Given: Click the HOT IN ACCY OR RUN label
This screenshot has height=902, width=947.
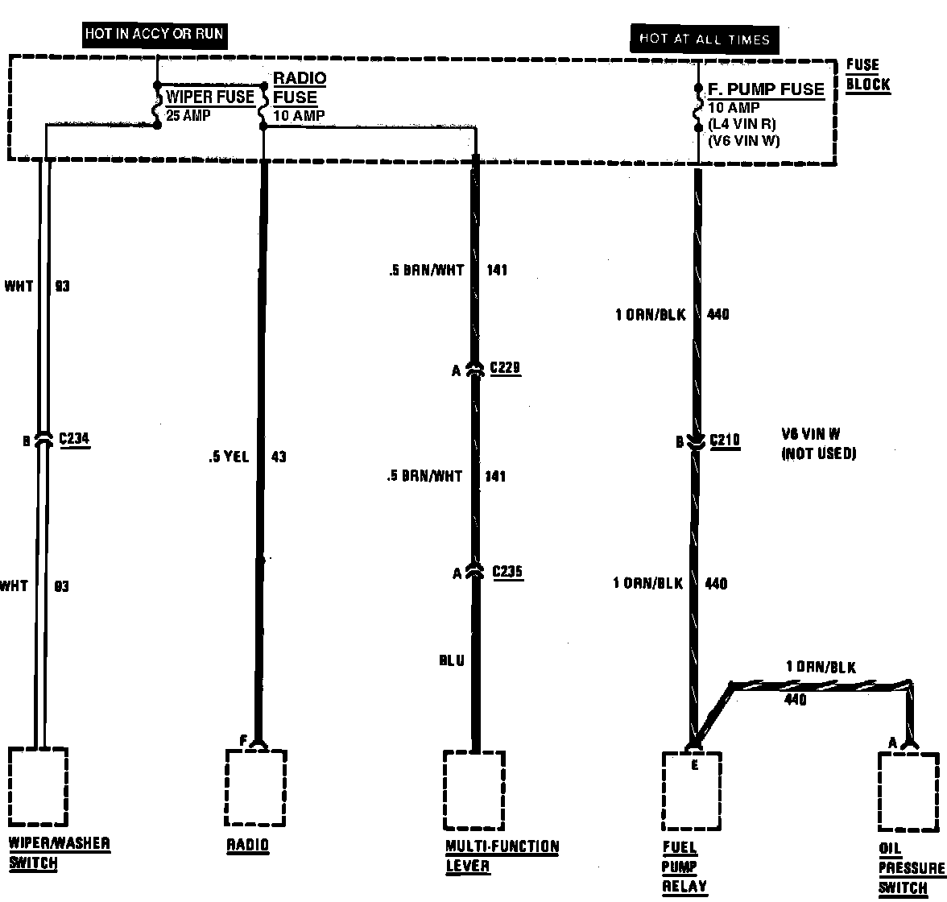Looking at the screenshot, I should [x=154, y=35].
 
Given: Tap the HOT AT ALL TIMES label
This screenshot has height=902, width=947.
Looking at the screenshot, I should [x=704, y=39].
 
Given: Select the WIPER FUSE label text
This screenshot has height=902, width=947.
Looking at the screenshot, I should [x=210, y=97].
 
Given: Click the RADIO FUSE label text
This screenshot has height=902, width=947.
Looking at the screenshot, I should [x=299, y=88].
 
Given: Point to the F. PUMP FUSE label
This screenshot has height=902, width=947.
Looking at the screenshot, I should [x=766, y=89].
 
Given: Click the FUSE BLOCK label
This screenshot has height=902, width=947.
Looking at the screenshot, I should [x=867, y=75].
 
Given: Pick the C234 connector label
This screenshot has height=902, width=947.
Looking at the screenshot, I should [x=74, y=440].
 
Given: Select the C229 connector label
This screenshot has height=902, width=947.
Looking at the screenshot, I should [x=506, y=369].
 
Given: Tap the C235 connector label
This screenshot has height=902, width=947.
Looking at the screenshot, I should [x=507, y=572].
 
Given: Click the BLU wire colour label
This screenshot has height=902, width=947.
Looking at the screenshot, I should [x=451, y=661].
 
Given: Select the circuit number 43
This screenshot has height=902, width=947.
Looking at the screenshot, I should [x=278, y=457].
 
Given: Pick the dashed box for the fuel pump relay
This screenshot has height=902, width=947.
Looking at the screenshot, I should [x=691, y=791].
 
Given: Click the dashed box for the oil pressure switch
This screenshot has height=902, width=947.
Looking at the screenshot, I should [x=908, y=791].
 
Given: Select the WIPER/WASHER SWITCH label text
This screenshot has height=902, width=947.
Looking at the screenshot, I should [x=59, y=854].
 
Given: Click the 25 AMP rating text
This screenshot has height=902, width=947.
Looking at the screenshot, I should [x=188, y=115].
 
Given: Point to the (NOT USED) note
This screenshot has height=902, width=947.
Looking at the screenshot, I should [x=818, y=453].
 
